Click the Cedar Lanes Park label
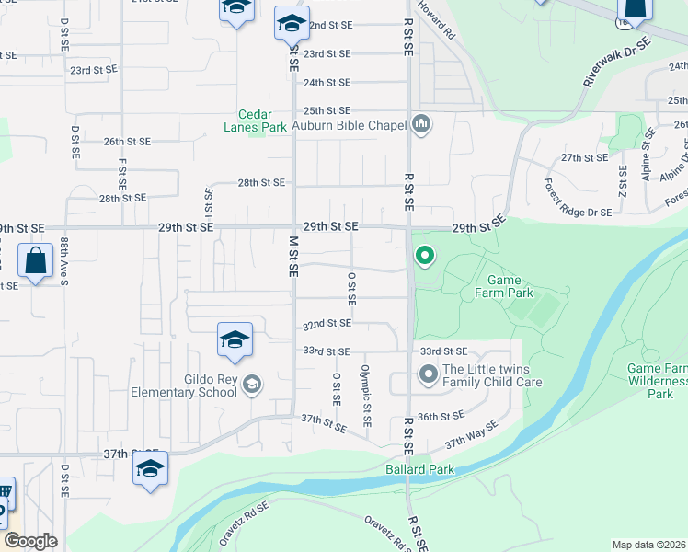(255, 121)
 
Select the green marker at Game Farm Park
(424, 255)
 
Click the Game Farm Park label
(510, 287)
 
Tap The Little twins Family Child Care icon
(428, 374)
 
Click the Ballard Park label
(419, 469)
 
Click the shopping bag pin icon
(36, 261)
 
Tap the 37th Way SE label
(471, 433)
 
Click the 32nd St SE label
(327, 324)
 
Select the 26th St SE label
(126, 142)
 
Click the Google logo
(30, 541)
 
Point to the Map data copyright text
(648, 545)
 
